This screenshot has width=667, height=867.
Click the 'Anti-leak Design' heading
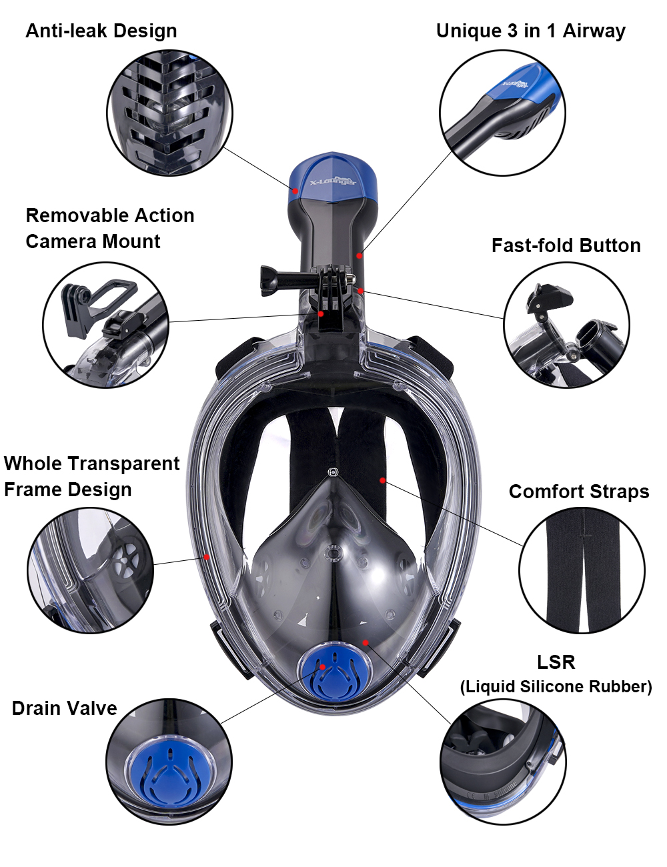pyautogui.click(x=101, y=31)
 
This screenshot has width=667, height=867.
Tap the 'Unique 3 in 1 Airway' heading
pyautogui.click(x=530, y=31)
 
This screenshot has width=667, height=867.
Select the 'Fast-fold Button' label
pyautogui.click(x=566, y=245)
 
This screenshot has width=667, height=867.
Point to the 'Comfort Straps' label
pyautogui.click(x=579, y=492)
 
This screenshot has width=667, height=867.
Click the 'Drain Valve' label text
pyautogui.click(x=64, y=708)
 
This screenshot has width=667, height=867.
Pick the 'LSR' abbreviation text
pyautogui.click(x=556, y=662)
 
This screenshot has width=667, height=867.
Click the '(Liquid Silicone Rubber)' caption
pyautogui.click(x=556, y=687)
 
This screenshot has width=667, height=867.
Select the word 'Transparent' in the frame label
pyautogui.click(x=125, y=464)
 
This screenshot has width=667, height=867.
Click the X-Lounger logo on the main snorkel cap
pyautogui.click(x=333, y=182)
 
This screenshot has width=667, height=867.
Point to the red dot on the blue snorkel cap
pyautogui.click(x=295, y=191)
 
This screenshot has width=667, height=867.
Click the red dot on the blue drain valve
pyautogui.click(x=322, y=667)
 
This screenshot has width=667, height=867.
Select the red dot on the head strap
pyautogui.click(x=383, y=480)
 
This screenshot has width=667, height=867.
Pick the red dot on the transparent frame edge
pyautogui.click(x=207, y=557)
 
